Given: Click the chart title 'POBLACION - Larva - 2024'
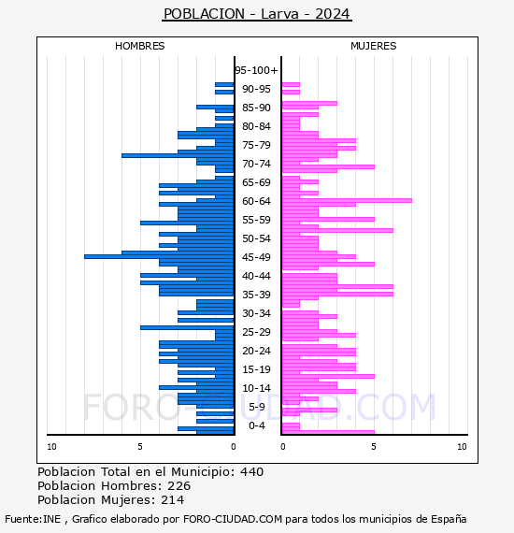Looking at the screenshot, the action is tap(257, 14).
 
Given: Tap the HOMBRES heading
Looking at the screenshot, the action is tap(139, 46).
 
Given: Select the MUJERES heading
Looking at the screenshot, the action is tap(374, 46).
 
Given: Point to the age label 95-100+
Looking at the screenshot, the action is tap(256, 70).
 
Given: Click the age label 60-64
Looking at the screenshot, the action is tap(256, 201).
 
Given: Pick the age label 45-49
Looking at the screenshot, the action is tap(256, 257).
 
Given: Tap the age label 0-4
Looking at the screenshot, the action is tap(256, 425).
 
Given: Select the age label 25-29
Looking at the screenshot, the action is tap(256, 332).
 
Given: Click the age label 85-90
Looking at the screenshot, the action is tap(256, 108).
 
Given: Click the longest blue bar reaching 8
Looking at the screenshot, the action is tap(159, 256).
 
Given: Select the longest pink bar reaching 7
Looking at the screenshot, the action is tap(347, 200).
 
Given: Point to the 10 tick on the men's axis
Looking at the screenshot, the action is tap(51, 447).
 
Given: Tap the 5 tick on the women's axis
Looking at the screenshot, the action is tap(374, 447).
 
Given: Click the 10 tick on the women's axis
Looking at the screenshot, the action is tap(462, 447).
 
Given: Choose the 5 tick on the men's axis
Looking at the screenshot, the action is tap(140, 447).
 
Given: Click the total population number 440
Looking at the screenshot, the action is tap(251, 472).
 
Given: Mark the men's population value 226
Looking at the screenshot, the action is tap(179, 486).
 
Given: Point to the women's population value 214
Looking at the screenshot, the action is tap(172, 500).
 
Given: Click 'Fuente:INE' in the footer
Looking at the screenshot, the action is tap(33, 519).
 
